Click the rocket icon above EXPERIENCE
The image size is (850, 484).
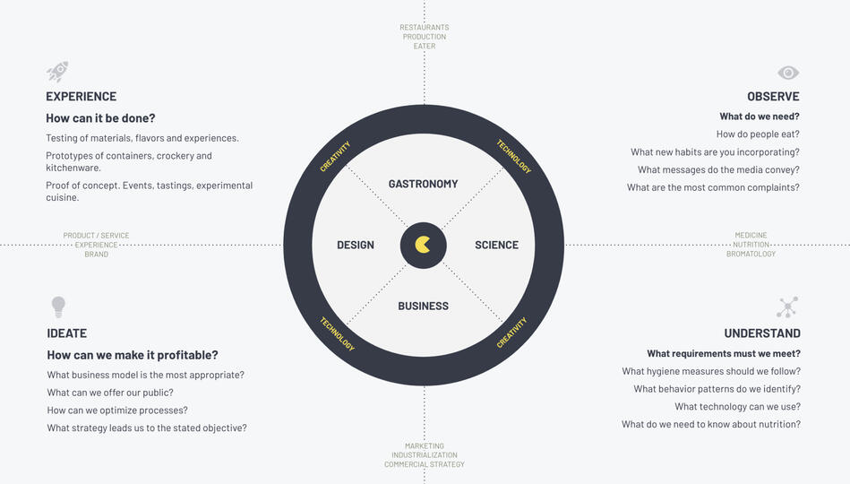[x=57, y=72]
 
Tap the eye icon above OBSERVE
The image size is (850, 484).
[x=788, y=73]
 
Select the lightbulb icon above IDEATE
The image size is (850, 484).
[x=58, y=307]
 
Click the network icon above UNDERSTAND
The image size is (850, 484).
[x=787, y=307]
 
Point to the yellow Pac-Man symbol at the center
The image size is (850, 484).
[x=424, y=245]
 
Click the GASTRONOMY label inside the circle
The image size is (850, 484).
[x=423, y=184]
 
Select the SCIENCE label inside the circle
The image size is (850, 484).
[x=496, y=245]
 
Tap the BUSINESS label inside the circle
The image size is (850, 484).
[x=423, y=306]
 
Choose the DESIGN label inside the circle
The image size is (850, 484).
[x=356, y=245]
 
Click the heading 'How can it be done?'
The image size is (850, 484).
[x=100, y=118]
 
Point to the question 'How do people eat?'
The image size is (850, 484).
[x=758, y=134]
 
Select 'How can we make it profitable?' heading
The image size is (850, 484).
[x=133, y=355]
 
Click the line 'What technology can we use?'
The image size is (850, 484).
[x=737, y=407]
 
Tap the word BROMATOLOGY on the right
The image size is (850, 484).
[x=751, y=255]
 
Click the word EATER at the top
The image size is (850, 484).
[x=425, y=46]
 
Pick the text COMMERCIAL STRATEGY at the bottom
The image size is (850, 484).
[x=425, y=464]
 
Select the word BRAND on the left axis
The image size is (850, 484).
[x=96, y=255]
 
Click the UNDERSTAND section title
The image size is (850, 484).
[x=762, y=333]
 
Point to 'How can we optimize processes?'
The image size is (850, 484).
[x=117, y=411]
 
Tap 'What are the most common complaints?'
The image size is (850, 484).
[x=713, y=187]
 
